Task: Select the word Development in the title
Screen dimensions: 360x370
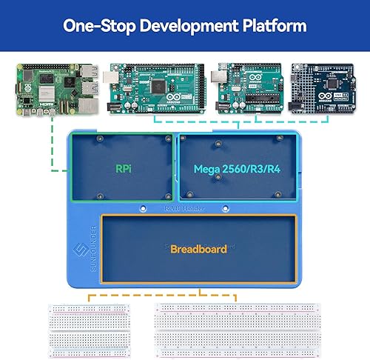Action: pyautogui.click(x=188, y=26)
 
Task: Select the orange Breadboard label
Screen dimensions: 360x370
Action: pyautogui.click(x=198, y=249)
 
